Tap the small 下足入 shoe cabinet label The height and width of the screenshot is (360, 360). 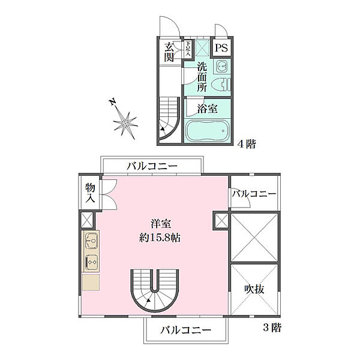[x=188, y=49]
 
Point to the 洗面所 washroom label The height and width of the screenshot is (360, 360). [x=203, y=76]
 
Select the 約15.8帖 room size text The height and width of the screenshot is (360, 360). [x=158, y=237]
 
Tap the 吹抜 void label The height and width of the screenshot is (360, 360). [x=254, y=290]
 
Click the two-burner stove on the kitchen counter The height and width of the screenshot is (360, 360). [x=92, y=262]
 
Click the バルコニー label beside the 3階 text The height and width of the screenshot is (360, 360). [x=185, y=330]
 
